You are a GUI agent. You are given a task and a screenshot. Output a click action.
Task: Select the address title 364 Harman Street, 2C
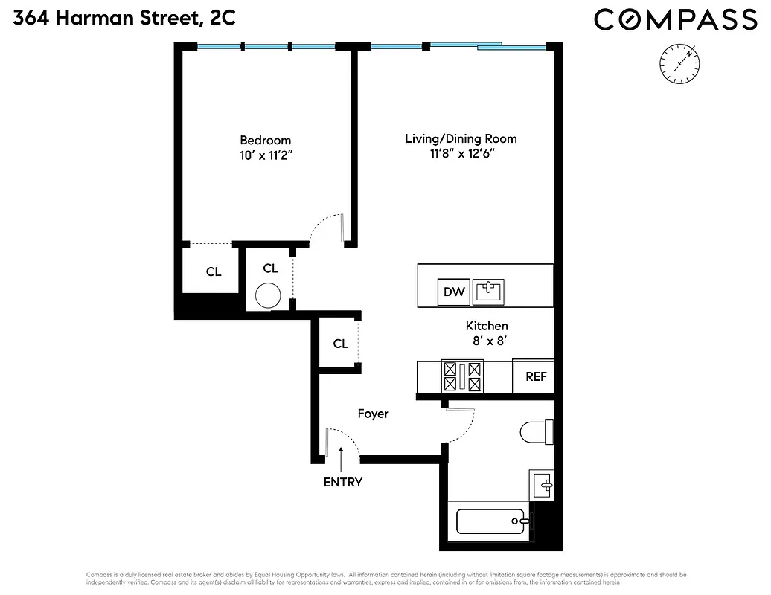(x=124, y=17)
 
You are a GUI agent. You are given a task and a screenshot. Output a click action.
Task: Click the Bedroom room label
(x=265, y=140)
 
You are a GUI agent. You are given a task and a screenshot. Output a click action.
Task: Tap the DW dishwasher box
(x=454, y=292)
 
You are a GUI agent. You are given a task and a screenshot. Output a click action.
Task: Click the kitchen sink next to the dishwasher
(x=488, y=291)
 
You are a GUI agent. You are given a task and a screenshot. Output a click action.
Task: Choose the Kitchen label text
(x=487, y=326)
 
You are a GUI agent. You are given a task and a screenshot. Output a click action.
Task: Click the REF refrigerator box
(x=536, y=376)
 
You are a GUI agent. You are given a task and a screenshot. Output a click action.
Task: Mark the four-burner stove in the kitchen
(x=461, y=376)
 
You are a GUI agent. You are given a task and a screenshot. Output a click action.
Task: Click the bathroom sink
(x=543, y=485)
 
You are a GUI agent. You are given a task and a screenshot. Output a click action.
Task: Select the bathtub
(x=492, y=521)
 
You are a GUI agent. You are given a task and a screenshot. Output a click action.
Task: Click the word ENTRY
(x=342, y=482)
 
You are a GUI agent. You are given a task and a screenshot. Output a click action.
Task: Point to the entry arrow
(x=342, y=457)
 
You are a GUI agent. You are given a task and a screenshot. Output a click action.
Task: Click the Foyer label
(x=373, y=414)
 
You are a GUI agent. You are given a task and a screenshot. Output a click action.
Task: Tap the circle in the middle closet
(x=268, y=297)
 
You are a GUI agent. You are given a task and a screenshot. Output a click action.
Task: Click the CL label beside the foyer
(x=340, y=344)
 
